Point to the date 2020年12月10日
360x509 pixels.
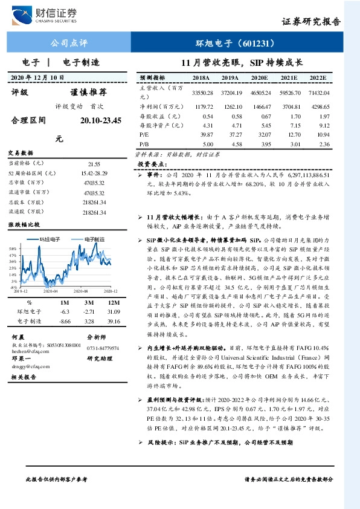pos(37,78)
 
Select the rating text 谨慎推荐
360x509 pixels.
pos(88,92)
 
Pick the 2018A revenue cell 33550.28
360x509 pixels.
pos(202,92)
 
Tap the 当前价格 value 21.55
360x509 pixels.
pos(94,164)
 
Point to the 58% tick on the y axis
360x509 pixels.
pos(12,248)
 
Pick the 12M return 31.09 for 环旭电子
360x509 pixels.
pos(112,311)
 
